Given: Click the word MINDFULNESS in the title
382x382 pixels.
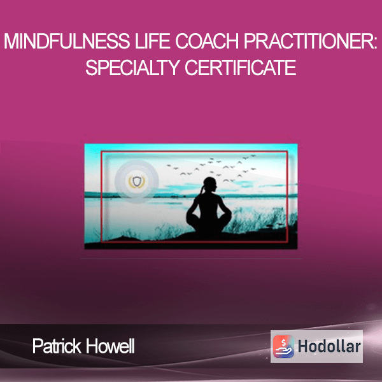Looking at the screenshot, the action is tap(67, 41).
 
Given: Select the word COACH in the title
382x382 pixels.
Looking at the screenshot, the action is tap(207, 41).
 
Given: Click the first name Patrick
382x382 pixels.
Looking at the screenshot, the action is tap(57, 346).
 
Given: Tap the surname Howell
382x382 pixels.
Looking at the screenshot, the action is tap(110, 346).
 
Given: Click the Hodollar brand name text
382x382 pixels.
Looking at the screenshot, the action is tap(329, 346).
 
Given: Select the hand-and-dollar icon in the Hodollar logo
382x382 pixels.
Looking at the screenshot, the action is tap(283, 346).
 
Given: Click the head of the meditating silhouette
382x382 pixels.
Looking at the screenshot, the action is tap(210, 185).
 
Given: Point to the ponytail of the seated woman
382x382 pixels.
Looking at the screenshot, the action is tap(201, 190).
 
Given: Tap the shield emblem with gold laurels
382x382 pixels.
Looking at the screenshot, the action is tap(137, 181).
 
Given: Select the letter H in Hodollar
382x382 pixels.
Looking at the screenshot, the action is tap(304, 346).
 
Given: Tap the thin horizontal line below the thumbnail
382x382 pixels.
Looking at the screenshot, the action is tap(191, 258).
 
